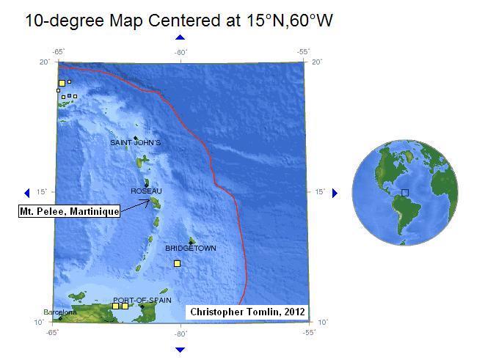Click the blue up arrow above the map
(x=180, y=37)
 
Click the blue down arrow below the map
(x=180, y=347)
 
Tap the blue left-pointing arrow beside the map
(x=27, y=193)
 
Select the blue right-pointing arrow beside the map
(x=335, y=193)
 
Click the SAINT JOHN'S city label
(x=135, y=142)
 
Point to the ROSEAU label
(x=146, y=191)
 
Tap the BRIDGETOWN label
(x=191, y=248)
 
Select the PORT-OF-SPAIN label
(x=142, y=300)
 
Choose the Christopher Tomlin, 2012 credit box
(x=247, y=312)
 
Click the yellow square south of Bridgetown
(x=177, y=263)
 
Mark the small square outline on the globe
(x=404, y=193)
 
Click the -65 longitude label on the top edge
(x=58, y=51)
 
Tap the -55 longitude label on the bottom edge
(x=304, y=333)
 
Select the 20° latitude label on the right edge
(x=317, y=62)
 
